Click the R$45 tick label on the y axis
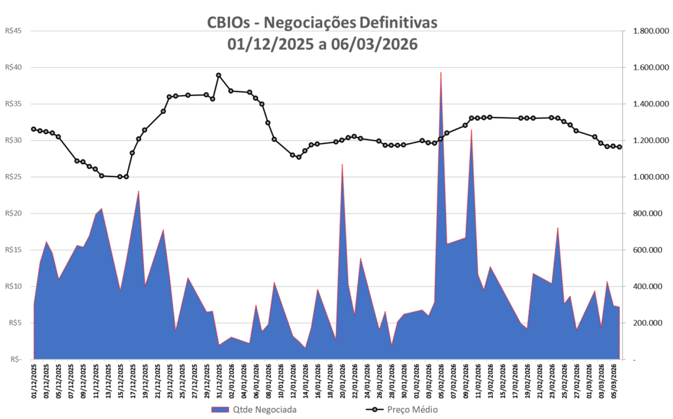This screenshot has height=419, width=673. (13, 31)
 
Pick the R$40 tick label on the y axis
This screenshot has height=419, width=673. (13, 67)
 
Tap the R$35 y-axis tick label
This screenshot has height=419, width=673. (13, 104)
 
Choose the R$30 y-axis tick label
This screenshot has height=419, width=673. (13, 141)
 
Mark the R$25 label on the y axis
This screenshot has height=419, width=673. (13, 177)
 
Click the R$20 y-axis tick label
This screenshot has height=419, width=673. (13, 213)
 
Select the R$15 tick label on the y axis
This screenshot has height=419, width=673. (13, 250)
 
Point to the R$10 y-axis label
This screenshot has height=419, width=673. (13, 286)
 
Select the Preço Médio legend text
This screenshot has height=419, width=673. (413, 410)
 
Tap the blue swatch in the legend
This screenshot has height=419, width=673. (221, 410)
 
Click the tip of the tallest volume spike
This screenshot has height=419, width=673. (440, 72)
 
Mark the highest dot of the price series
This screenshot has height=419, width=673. (219, 76)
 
